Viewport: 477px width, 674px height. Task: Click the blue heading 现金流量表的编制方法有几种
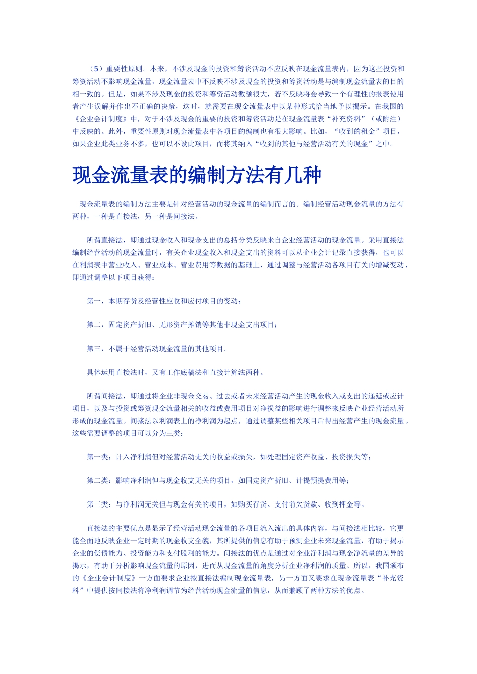[197, 175]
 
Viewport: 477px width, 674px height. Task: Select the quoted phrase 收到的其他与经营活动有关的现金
[312, 144]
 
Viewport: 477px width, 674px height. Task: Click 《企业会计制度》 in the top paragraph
[101, 119]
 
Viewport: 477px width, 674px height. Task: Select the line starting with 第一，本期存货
[164, 301]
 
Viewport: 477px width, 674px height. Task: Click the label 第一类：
[101, 457]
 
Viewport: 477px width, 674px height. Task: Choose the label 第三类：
[101, 504]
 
